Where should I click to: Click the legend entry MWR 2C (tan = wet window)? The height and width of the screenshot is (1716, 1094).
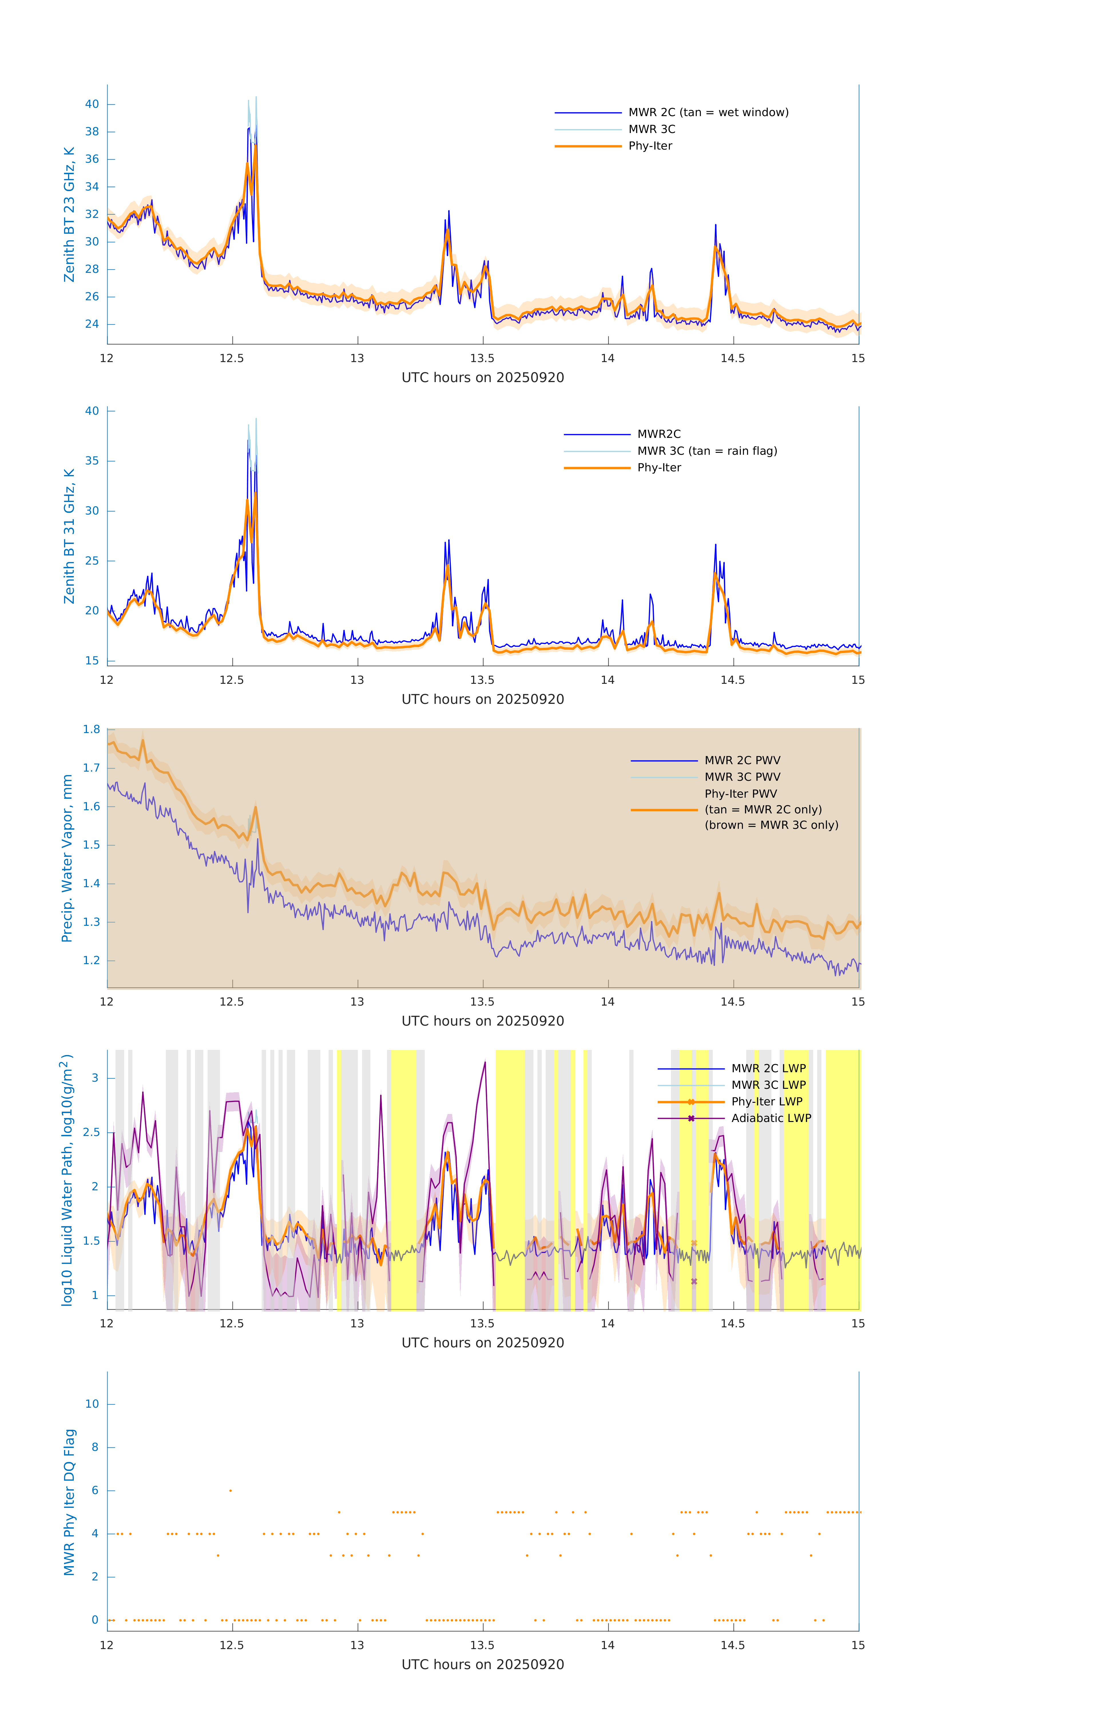click(x=708, y=113)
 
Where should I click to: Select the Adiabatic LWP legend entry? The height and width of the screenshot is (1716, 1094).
click(x=771, y=1118)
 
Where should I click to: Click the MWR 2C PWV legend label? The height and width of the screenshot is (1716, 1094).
click(x=742, y=760)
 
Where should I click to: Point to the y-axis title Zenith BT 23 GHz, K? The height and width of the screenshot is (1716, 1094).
click(x=69, y=214)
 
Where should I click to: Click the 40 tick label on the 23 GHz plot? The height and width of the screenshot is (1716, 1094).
click(x=92, y=104)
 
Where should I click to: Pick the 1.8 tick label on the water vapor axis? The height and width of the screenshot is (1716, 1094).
click(x=91, y=730)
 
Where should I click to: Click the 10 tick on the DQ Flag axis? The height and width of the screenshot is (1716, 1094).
click(x=92, y=1404)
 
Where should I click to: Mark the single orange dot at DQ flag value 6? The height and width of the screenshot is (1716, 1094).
click(x=230, y=1490)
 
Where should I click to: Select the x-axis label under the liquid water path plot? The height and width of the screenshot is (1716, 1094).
click(x=483, y=1342)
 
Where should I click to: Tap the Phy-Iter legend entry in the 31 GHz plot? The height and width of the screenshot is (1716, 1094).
click(x=658, y=468)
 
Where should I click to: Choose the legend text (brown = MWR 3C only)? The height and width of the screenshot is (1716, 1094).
click(x=771, y=825)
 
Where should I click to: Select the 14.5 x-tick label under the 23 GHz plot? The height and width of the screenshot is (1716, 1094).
click(x=732, y=358)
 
